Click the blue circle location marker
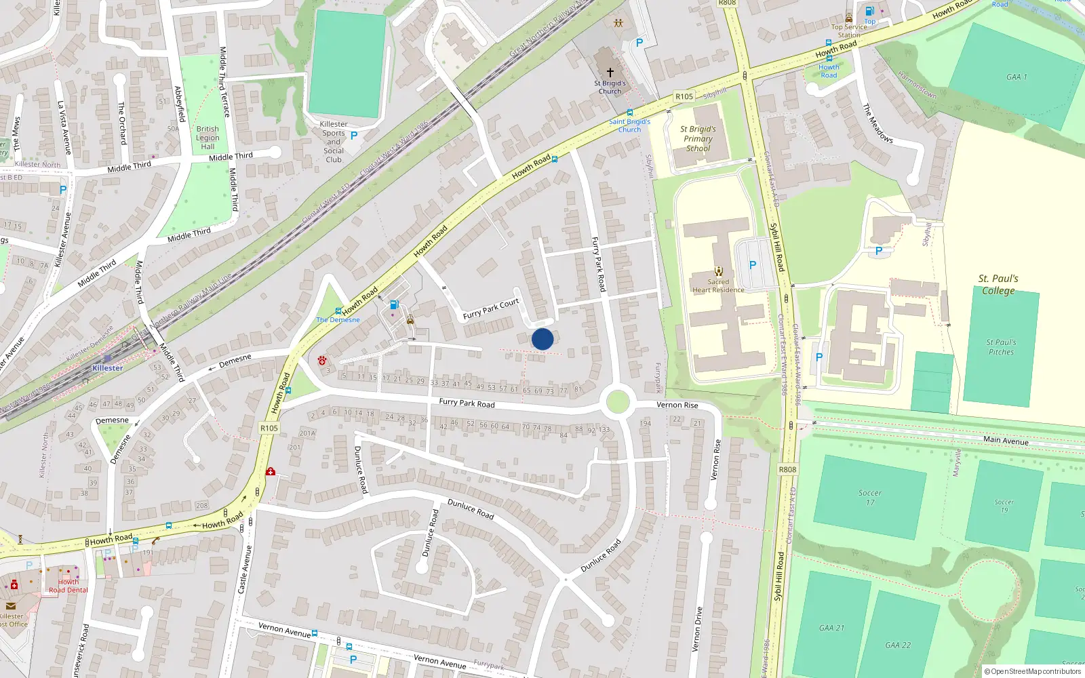(x=542, y=339)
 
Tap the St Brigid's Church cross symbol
(x=610, y=72)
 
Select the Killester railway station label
(x=108, y=368)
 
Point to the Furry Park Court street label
(x=491, y=309)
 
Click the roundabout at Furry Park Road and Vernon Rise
(x=617, y=401)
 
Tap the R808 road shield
(x=787, y=469)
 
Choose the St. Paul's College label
(x=998, y=285)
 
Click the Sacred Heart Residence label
(x=718, y=286)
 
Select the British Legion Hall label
(x=208, y=138)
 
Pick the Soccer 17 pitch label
(x=870, y=498)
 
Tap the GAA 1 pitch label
(x=1017, y=77)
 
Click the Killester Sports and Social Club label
(x=334, y=142)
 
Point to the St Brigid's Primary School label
(x=698, y=138)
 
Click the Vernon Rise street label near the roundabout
(x=677, y=405)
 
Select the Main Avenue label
(x=1006, y=441)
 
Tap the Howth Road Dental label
(x=68, y=586)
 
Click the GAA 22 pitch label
(x=898, y=645)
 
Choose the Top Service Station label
(x=849, y=31)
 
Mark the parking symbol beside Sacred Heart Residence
(x=752, y=265)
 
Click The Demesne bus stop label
(x=338, y=320)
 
